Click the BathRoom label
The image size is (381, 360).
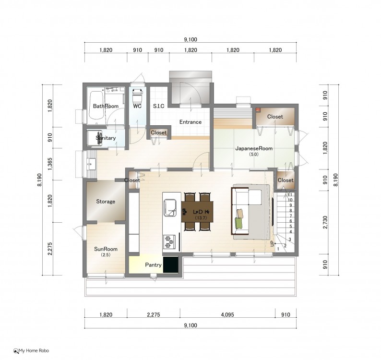[x=106, y=106]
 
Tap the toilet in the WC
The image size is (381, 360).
[x=138, y=96]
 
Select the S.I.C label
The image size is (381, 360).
[x=159, y=106]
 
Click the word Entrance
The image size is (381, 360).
[x=190, y=122]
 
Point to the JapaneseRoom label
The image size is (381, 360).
[x=254, y=148]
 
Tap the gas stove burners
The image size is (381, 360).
[x=169, y=241]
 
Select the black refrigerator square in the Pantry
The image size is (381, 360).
[x=170, y=264]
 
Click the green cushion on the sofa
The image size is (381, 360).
[x=239, y=223]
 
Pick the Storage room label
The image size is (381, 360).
[x=106, y=202]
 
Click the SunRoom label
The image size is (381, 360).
[x=106, y=249]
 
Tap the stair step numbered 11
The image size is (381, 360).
[x=290, y=195]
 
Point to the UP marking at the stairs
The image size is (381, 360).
[x=272, y=243]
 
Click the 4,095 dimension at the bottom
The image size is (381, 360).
[x=227, y=315]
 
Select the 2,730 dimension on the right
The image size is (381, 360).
[x=325, y=222]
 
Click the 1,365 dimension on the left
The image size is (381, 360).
[x=50, y=164]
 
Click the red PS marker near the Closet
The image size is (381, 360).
[x=258, y=110]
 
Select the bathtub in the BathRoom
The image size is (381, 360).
[x=95, y=106]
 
